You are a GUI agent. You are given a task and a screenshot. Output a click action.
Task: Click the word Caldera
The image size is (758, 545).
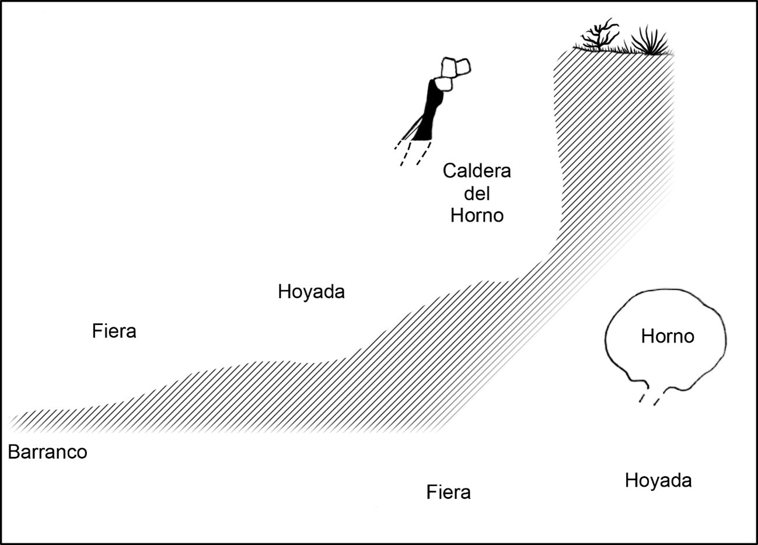477,171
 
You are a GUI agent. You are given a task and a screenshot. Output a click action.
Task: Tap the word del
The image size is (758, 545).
477,194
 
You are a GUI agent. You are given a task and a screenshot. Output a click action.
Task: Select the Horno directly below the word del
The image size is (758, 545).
477,215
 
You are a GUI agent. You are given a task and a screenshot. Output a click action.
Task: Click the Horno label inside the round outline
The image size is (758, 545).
668,336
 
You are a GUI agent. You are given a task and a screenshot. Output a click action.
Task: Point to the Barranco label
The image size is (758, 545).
47,452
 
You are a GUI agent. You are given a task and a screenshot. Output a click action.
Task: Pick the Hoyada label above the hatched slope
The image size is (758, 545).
312,292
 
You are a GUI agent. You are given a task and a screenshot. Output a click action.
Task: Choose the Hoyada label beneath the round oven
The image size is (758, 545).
658,481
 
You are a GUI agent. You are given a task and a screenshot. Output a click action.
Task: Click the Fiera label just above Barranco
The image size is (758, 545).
114,331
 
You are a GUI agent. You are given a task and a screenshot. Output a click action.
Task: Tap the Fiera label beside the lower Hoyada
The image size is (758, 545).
448,492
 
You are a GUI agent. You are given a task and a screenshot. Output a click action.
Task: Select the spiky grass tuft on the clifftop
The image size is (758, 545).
649,41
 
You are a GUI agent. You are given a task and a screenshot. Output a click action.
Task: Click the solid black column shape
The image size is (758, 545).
429,111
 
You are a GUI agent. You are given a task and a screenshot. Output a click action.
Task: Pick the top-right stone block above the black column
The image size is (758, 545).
463,67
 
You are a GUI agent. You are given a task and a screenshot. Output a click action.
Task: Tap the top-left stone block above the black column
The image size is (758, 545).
449,67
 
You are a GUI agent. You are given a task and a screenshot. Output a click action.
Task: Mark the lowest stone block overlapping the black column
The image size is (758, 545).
443,84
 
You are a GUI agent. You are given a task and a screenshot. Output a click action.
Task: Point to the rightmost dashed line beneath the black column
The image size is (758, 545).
424,153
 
